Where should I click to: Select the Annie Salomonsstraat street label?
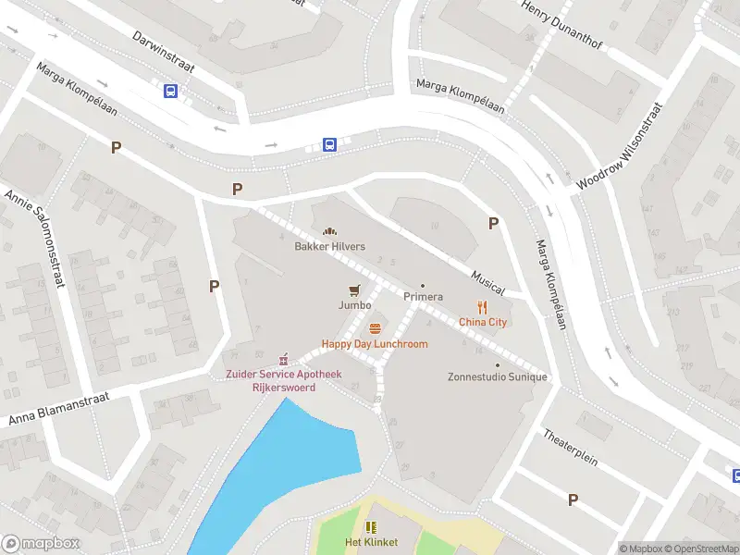pyautogui.click(x=34, y=238)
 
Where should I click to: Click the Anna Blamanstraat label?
pyautogui.click(x=59, y=408)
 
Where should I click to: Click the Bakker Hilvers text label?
pyautogui.click(x=329, y=247)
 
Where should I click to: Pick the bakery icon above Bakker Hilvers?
pyautogui.click(x=328, y=231)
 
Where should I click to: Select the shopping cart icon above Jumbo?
pyautogui.click(x=354, y=290)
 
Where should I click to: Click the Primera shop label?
pyautogui.click(x=423, y=297)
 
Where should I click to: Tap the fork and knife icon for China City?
pyautogui.click(x=482, y=307)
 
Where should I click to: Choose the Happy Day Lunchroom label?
pyautogui.click(x=375, y=344)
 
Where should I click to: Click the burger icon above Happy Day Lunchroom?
pyautogui.click(x=375, y=328)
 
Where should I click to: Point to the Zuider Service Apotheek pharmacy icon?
pyautogui.click(x=283, y=359)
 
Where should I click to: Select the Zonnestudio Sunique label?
pyautogui.click(x=498, y=376)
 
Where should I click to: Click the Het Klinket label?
pyautogui.click(x=371, y=542)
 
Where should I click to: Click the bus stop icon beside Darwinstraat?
pyautogui.click(x=170, y=91)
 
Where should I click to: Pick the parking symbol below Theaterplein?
pyautogui.click(x=573, y=499)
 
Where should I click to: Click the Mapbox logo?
pyautogui.click(x=41, y=544)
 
